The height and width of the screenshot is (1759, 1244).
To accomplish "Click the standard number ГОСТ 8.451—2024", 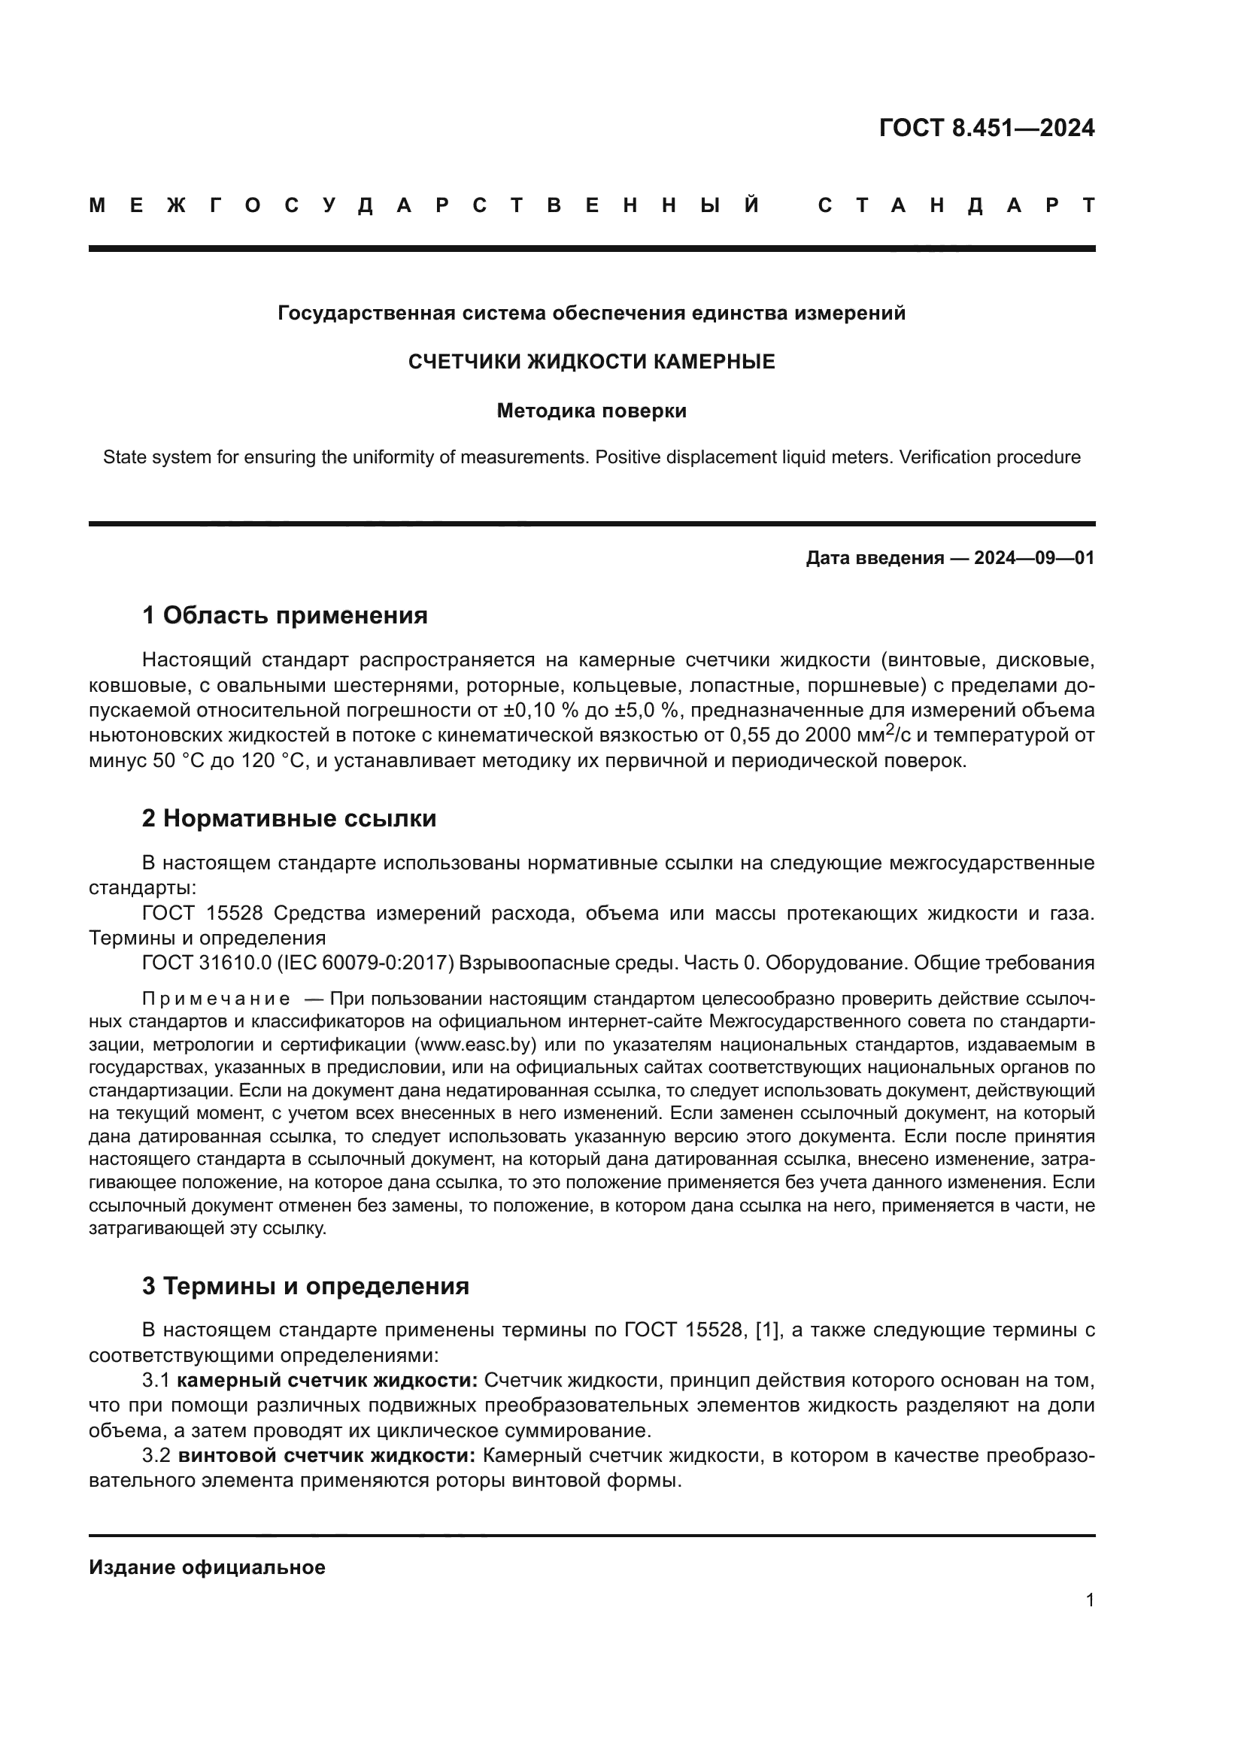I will pyautogui.click(x=987, y=128).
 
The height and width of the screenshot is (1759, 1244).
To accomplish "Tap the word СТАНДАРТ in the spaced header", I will pyautogui.click(x=957, y=205).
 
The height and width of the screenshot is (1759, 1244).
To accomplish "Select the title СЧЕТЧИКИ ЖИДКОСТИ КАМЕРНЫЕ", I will pyautogui.click(x=591, y=362).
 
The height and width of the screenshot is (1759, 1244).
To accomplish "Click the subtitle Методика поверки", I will pyautogui.click(x=591, y=411).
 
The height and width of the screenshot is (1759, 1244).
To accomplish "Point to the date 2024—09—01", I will pyautogui.click(x=1034, y=559).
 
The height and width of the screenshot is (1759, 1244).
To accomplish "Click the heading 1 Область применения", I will pyautogui.click(x=284, y=615).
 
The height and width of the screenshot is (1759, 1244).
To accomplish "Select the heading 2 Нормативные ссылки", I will pyautogui.click(x=289, y=819).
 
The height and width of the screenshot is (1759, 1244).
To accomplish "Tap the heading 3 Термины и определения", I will pyautogui.click(x=305, y=1286).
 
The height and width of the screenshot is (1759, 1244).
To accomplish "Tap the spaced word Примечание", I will pyautogui.click(x=216, y=999).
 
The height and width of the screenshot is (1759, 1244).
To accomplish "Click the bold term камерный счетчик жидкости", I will pyautogui.click(x=327, y=1381).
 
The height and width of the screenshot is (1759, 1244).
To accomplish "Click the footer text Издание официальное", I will pyautogui.click(x=207, y=1567).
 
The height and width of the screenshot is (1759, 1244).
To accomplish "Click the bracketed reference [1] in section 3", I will pyautogui.click(x=769, y=1331).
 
